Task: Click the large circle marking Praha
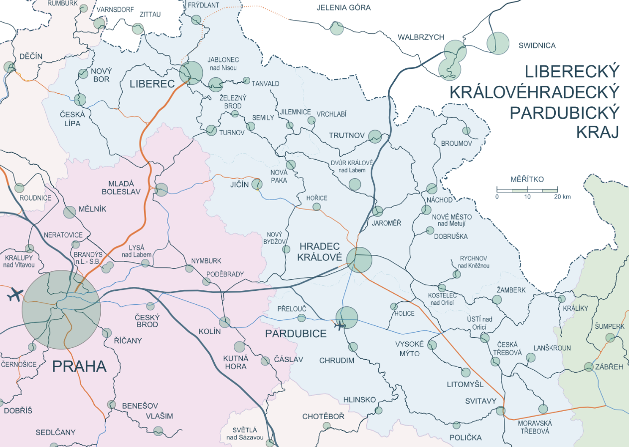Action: coord(61,310)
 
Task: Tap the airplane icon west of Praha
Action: coord(15,295)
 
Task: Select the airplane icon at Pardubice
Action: coord(340,326)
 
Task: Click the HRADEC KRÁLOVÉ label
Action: coord(319,252)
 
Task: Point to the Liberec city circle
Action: coord(191,73)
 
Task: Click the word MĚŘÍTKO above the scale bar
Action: coord(527,179)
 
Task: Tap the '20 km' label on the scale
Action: coord(563,197)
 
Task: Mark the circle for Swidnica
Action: coord(498,43)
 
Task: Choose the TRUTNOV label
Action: coord(347,136)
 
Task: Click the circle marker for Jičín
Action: coord(257,185)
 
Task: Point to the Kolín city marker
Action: coord(225,322)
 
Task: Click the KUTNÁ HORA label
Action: coord(235,362)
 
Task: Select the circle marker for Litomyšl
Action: coord(466,372)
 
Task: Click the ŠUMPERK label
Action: coord(609,326)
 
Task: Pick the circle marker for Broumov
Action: coord(466,131)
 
